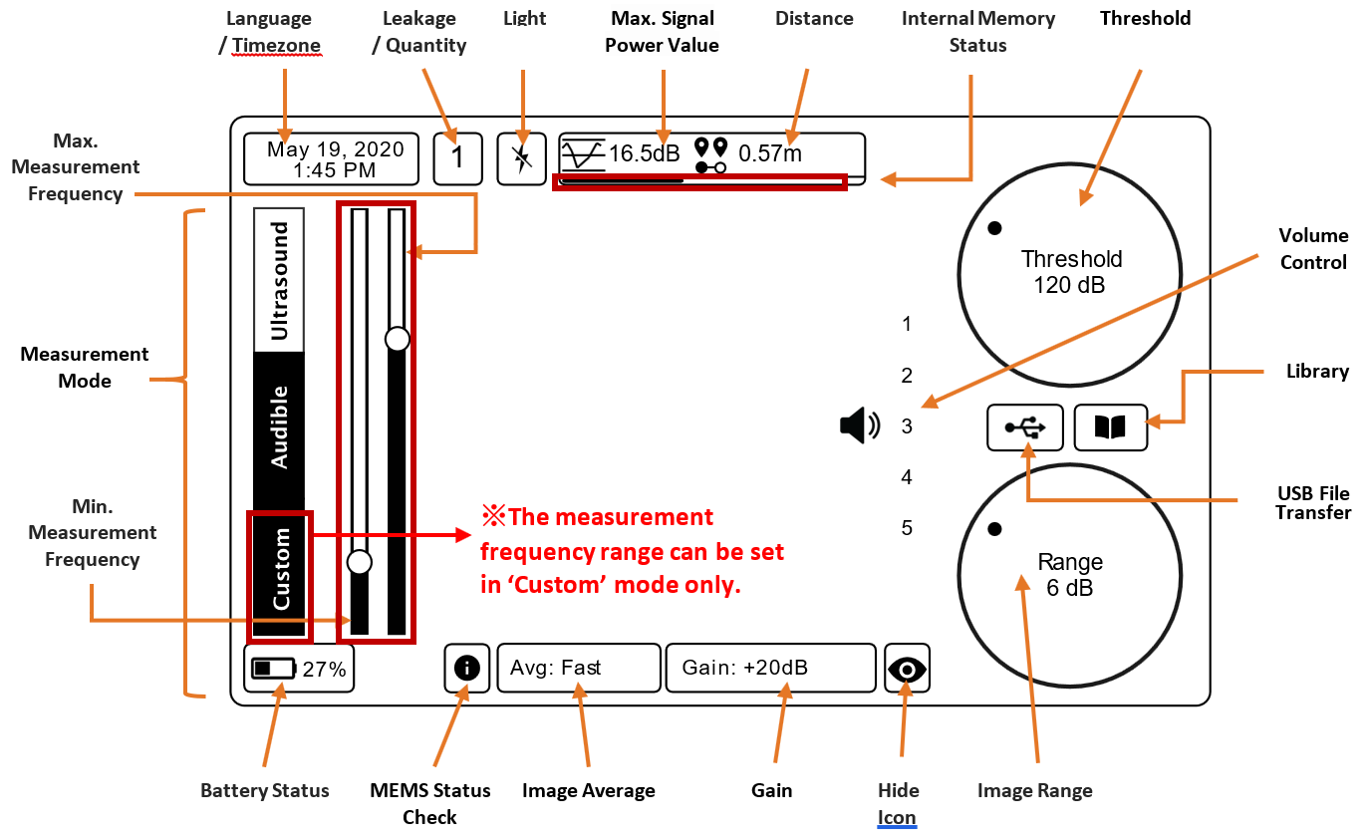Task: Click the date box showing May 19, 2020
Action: pos(331,158)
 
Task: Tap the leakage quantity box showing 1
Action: pos(457,158)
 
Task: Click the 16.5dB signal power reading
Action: pos(645,153)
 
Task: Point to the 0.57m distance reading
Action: pos(770,153)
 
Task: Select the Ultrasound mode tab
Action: pos(279,280)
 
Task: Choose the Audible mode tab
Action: pos(279,427)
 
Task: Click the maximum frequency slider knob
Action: pos(398,339)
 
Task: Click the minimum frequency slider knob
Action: pos(360,562)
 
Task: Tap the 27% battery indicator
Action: pos(299,668)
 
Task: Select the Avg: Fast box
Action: pos(579,668)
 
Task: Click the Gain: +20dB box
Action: pos(770,668)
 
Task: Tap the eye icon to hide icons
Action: pos(907,669)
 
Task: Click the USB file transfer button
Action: pos(1025,427)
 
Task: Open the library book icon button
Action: pos(1111,427)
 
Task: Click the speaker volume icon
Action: pos(860,425)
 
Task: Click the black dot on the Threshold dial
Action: pos(994,228)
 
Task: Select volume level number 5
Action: pos(907,528)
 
